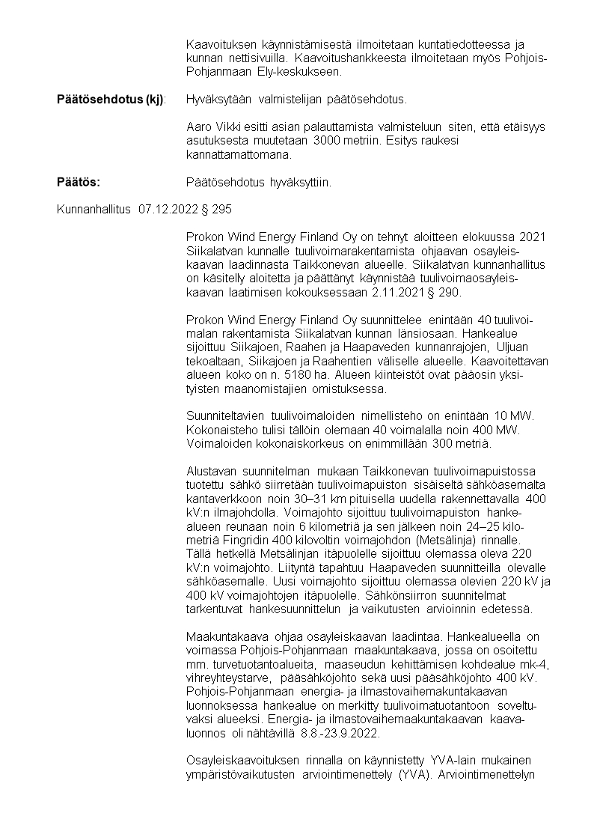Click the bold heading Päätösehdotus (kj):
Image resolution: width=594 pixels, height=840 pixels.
tap(112, 99)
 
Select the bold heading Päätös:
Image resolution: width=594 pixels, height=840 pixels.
tap(79, 182)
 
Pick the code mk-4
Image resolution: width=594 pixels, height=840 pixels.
tap(533, 663)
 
